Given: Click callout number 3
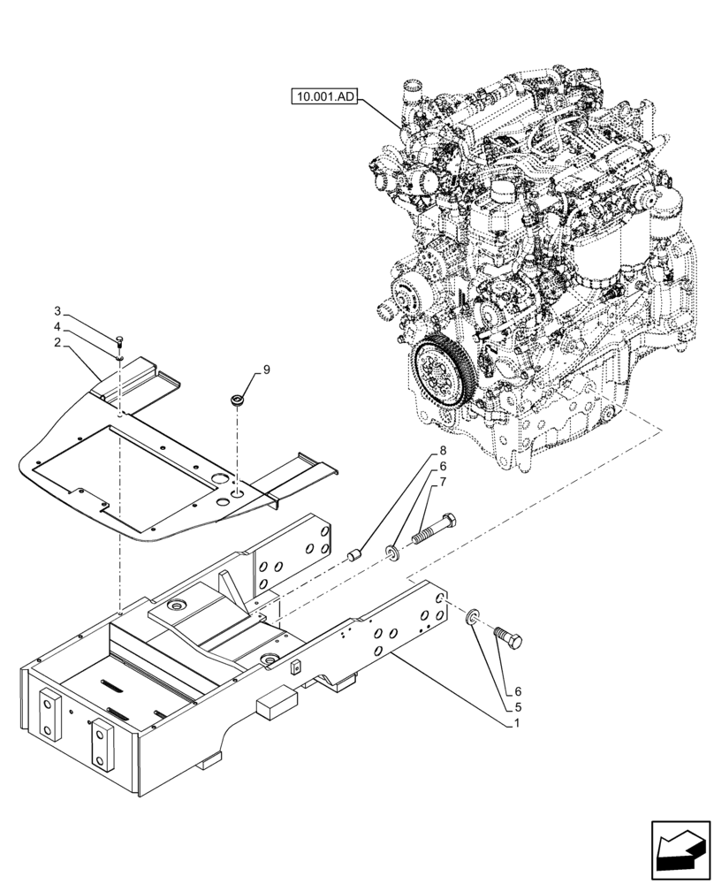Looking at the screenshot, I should click(x=57, y=312).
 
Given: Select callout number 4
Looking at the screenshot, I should click(x=57, y=327).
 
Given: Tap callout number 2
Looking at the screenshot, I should click(x=57, y=341).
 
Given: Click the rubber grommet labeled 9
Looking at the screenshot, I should click(x=237, y=401).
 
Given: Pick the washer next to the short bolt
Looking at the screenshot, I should click(x=474, y=615).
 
